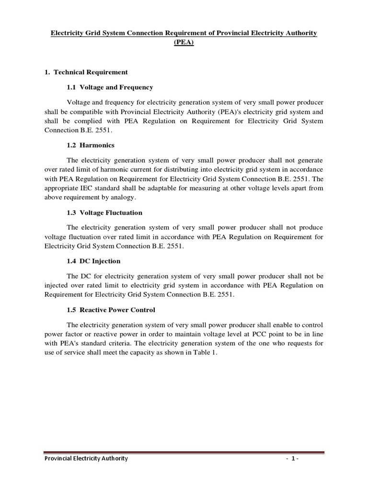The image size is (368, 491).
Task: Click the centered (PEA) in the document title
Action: click(184, 42)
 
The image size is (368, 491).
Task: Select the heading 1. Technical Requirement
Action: click(86, 72)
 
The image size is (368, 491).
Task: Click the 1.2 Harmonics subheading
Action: click(91, 145)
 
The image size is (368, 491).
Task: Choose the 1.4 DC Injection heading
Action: click(93, 261)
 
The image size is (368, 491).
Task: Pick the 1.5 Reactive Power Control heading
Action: click(111, 309)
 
